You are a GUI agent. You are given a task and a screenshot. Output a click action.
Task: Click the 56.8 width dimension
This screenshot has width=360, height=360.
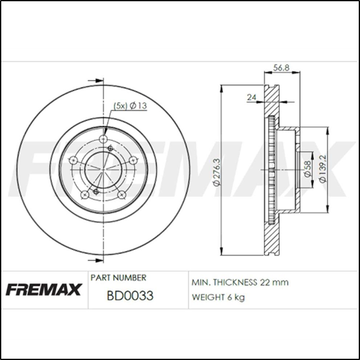point(282,69)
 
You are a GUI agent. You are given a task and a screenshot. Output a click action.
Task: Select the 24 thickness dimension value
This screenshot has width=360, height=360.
point(252,97)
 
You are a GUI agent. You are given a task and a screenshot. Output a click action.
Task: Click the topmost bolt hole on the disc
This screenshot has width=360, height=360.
point(103,139)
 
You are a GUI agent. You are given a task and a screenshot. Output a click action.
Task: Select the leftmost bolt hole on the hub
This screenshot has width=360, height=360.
point(73,161)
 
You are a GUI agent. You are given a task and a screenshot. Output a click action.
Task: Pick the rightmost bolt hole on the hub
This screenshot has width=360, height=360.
point(133,161)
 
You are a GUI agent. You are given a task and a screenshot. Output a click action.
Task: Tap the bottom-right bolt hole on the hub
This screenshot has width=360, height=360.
point(122,194)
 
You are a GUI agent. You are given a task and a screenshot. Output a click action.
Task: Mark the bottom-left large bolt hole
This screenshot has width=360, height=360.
point(85,194)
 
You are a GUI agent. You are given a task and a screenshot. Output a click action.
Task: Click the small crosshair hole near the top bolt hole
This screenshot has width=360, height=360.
point(111,148)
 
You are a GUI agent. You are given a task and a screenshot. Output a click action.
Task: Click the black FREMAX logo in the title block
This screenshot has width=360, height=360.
point(44,289)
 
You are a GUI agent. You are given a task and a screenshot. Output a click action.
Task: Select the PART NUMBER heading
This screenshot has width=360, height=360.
point(118,277)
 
